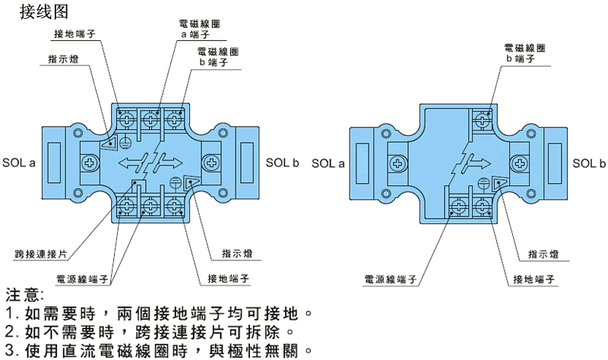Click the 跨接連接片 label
tap(35, 254)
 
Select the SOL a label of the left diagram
tap(20, 163)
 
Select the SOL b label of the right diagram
tap(589, 163)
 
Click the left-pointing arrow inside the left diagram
tap(131, 163)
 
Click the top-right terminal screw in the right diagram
tap(482, 119)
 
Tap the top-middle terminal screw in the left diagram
tap(150, 119)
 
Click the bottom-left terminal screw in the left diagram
tap(126, 206)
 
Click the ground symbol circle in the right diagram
tap(483, 182)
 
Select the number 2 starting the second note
tap(10, 332)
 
